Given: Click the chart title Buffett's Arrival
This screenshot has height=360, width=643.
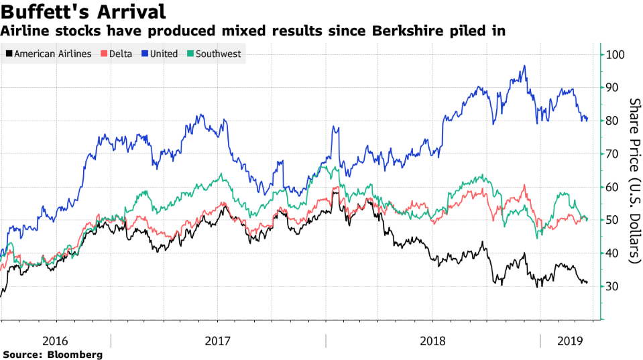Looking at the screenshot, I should pyautogui.click(x=84, y=11).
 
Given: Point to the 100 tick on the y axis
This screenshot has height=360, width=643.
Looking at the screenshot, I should pyautogui.click(x=616, y=55).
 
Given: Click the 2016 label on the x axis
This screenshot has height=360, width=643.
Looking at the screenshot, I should pyautogui.click(x=55, y=341).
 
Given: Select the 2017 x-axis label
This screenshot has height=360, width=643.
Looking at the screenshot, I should pyautogui.click(x=218, y=341).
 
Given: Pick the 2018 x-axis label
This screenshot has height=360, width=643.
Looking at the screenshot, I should pyautogui.click(x=432, y=341).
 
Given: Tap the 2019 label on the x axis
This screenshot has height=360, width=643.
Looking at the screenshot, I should pyautogui.click(x=569, y=341).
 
